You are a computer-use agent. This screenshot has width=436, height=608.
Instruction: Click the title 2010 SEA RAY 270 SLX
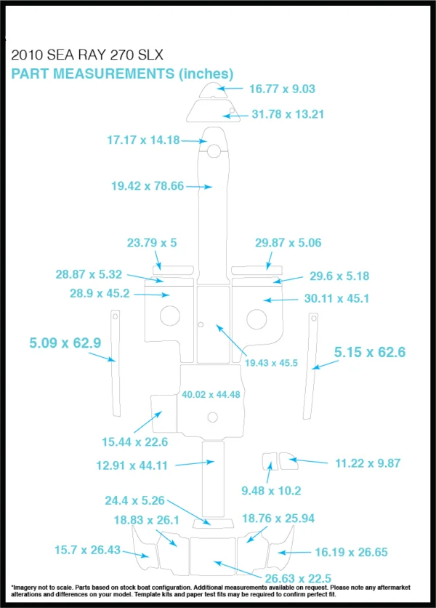pos(87,55)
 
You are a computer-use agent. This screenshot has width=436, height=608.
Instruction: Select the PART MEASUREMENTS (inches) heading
pos(122,73)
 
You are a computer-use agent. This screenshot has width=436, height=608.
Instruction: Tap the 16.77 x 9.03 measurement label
pos(282,89)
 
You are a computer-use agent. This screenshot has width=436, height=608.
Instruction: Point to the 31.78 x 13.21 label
pos(288,114)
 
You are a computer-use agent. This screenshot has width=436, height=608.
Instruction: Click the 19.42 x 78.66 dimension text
pos(148,185)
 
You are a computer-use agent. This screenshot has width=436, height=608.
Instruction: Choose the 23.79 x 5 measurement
pos(152,243)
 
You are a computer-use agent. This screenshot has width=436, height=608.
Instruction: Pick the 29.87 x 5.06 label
pos(288,243)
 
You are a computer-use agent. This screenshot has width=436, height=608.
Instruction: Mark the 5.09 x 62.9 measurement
pos(65,343)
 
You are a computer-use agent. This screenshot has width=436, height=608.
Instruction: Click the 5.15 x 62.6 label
pos(370,352)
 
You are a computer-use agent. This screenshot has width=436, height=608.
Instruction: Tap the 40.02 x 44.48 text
pos(211,394)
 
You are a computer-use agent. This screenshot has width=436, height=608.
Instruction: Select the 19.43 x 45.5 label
pos(271,363)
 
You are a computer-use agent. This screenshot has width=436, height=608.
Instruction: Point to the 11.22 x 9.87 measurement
pos(368,463)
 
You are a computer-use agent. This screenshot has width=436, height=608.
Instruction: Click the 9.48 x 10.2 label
pos(271,490)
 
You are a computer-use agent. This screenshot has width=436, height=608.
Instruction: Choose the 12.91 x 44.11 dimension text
pos(132,465)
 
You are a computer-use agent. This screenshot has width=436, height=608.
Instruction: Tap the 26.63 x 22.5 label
pos(298,578)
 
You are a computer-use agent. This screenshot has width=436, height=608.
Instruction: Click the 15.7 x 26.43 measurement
pos(87,550)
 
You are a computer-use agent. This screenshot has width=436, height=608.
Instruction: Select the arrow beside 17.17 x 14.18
pos(193,141)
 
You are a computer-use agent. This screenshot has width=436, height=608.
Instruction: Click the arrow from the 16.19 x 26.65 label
pos(294,553)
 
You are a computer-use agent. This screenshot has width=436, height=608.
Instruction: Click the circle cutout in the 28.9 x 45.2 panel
pos(170,316)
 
